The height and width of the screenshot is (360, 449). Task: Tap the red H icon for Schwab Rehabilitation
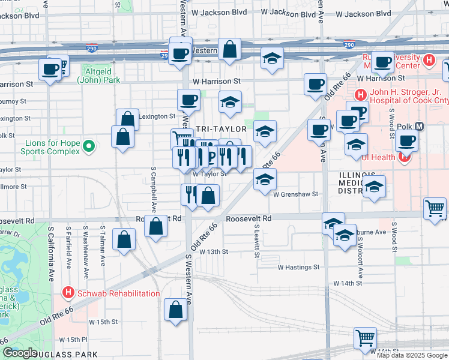tap(68, 293)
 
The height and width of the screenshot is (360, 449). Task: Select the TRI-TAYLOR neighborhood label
tap(220, 129)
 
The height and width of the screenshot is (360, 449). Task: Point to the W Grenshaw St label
tap(295, 194)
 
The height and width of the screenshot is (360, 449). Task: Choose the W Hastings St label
tap(299, 267)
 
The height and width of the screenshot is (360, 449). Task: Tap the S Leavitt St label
tap(256, 242)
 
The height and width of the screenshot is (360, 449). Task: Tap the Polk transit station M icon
tap(419, 127)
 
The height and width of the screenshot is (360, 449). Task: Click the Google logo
tap(20, 353)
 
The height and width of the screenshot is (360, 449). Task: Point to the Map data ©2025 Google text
tap(412, 355)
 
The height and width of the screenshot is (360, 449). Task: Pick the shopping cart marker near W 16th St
tap(365, 340)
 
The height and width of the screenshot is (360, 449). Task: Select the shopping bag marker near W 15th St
tap(176, 311)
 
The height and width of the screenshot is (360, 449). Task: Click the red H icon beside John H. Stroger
tap(360, 95)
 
